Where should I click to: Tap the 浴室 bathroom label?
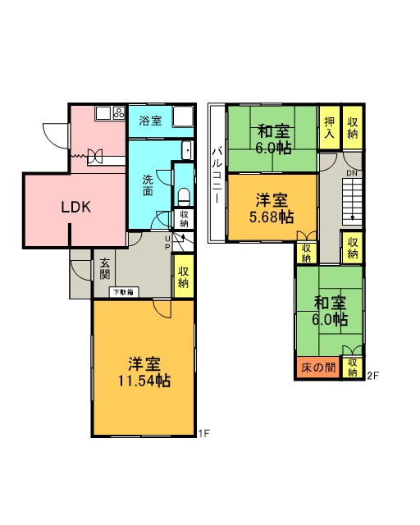click(149, 121)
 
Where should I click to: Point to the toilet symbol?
click(184, 197)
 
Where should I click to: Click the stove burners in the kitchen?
click(119, 114)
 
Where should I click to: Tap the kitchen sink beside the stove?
click(104, 114)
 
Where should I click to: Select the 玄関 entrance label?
click(105, 269)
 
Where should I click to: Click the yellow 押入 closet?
click(329, 128)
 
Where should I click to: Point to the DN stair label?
click(351, 173)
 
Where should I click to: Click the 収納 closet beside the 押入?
click(353, 128)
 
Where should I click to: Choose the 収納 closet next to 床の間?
click(353, 367)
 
